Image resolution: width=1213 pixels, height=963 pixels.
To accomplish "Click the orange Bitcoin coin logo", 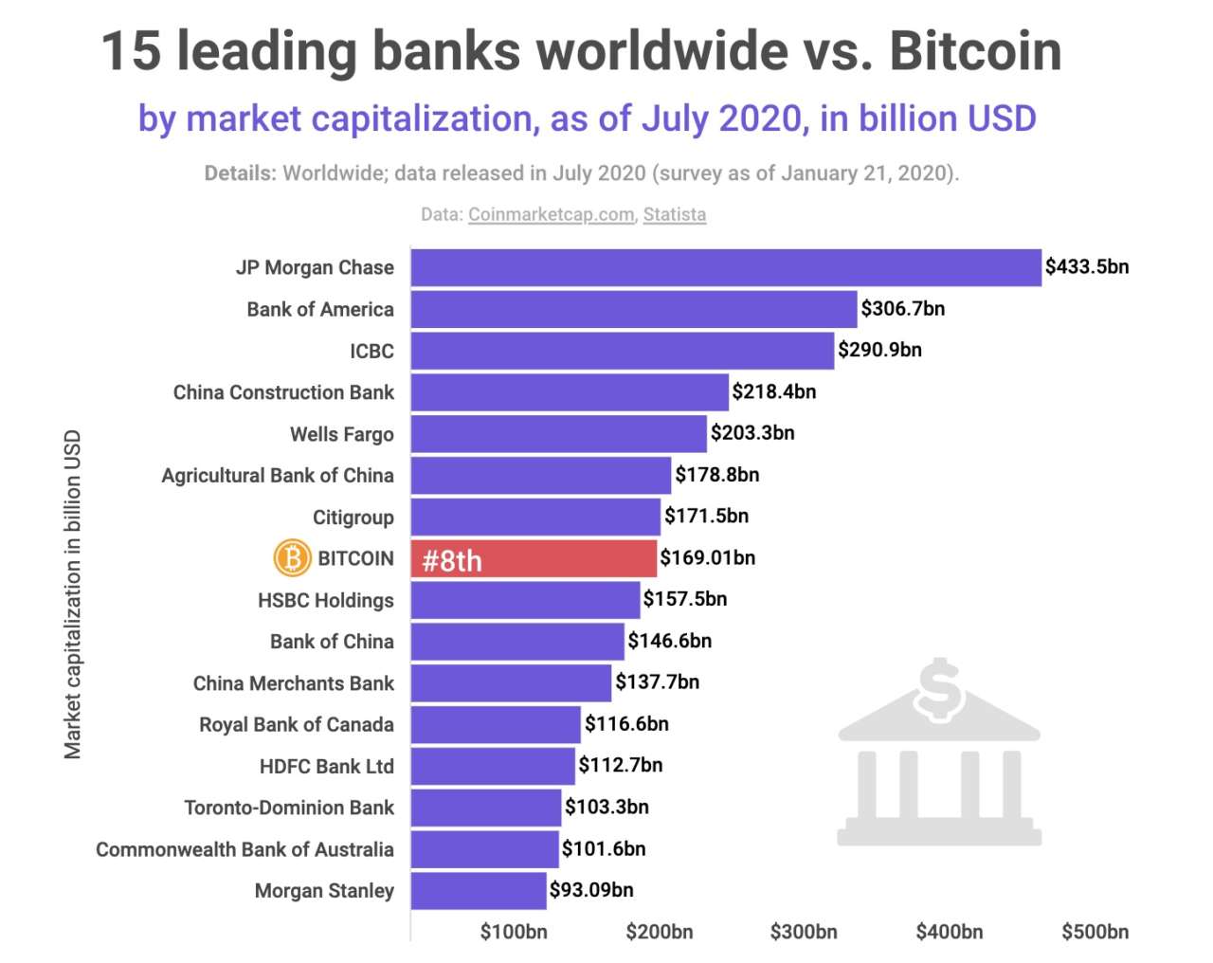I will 292,558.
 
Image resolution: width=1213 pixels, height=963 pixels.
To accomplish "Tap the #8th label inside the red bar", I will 452,561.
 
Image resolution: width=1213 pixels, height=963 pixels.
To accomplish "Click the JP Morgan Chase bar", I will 725,267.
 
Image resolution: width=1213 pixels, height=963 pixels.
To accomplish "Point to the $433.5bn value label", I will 1086,267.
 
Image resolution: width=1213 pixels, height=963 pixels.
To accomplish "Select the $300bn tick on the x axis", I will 803,932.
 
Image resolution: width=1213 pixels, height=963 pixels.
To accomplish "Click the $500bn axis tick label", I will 1095,932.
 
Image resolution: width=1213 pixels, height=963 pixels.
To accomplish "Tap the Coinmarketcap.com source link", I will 551,214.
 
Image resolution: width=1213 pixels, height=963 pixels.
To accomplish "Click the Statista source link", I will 674,214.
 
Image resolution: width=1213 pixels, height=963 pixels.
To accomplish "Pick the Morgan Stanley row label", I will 324,891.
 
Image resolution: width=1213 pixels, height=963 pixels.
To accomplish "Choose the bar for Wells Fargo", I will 558,434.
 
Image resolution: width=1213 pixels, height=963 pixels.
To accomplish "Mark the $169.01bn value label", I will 707,557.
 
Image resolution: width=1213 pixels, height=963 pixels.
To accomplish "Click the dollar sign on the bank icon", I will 938,689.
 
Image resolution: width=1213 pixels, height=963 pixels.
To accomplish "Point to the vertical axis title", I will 73,594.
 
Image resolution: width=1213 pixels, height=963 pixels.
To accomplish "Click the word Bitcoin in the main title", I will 975,51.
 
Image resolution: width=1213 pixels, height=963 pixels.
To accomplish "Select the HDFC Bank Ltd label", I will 326,766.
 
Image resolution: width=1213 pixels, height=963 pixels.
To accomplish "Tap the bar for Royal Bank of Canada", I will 495,724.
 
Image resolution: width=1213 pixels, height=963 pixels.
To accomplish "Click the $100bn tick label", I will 513,932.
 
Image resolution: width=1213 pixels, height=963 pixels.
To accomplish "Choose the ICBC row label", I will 371,351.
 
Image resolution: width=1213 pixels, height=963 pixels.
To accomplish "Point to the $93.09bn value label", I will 591,890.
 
